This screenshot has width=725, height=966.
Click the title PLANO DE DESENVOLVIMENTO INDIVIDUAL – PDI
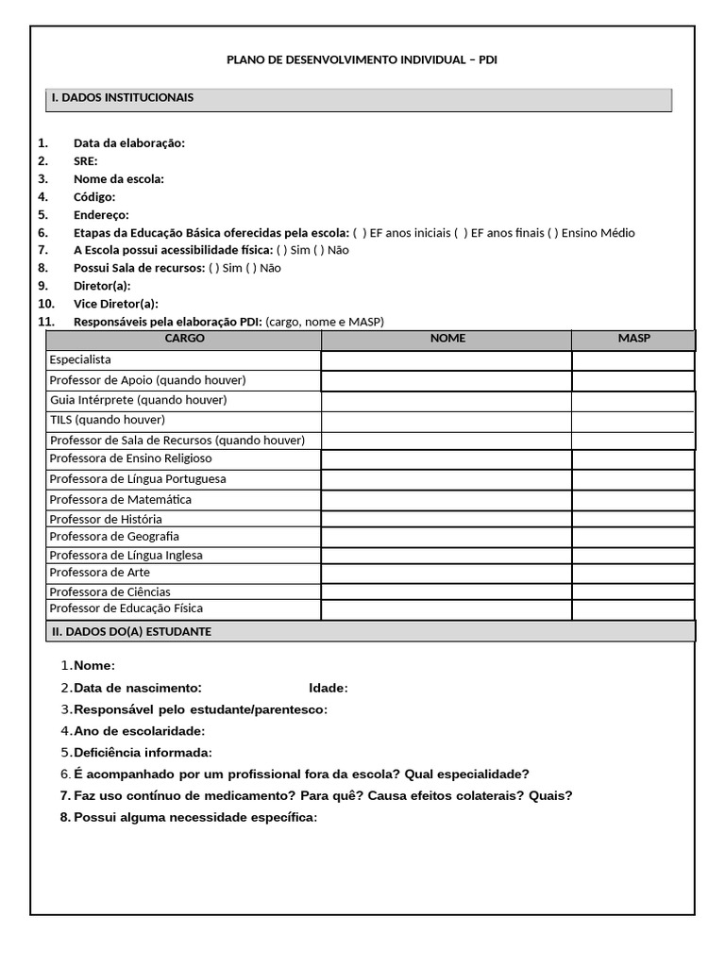point(362,60)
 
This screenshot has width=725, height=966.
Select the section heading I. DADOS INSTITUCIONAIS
point(123,97)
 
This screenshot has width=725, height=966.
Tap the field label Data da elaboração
point(129,143)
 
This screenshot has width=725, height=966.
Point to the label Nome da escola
point(119,179)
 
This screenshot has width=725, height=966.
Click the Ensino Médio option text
point(598,233)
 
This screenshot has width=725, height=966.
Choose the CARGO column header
point(184,338)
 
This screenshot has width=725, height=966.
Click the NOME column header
point(447,338)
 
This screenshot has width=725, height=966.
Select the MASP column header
point(633,338)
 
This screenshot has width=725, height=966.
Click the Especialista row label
point(80,360)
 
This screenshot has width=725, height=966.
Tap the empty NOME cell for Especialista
point(446,360)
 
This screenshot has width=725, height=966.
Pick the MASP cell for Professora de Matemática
point(632,499)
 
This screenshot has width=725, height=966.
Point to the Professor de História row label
point(106,520)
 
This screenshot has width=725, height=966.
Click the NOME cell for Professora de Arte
point(446,573)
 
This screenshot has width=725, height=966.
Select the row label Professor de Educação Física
point(126,609)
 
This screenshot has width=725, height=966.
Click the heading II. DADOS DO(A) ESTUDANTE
point(131,631)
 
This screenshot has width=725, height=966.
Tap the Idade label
point(328,688)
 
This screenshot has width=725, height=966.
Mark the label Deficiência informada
point(143,753)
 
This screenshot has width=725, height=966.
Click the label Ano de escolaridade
point(139,731)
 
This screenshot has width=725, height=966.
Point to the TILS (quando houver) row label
point(107,420)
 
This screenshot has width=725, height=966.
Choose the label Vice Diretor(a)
point(116,304)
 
